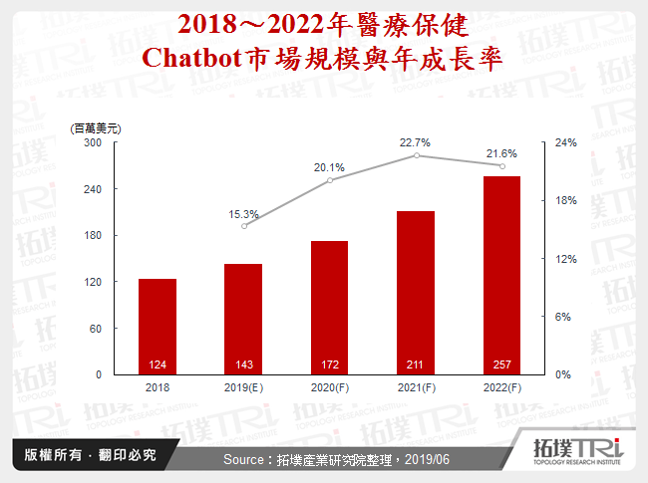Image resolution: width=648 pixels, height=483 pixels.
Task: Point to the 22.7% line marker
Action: (416, 155)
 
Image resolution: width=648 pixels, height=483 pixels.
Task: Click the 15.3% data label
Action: (244, 214)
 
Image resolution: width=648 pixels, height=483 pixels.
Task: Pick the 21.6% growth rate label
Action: (500, 153)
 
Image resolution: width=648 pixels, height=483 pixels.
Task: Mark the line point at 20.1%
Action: (330, 179)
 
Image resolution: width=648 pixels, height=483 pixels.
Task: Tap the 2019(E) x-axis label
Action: (243, 386)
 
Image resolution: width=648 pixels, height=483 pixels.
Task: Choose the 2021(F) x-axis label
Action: (416, 386)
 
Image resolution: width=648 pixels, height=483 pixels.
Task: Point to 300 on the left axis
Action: (93, 142)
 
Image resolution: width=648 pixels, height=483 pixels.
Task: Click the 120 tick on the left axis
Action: (93, 282)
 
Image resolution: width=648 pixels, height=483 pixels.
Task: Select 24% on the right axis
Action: (565, 142)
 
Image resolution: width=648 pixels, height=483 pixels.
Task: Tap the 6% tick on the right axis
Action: (563, 317)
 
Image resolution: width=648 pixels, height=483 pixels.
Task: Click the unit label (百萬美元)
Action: (95, 128)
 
